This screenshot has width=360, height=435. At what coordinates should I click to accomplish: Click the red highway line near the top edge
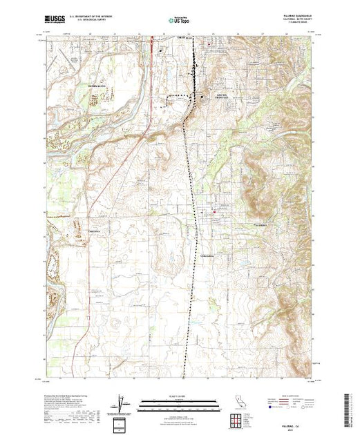152,46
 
